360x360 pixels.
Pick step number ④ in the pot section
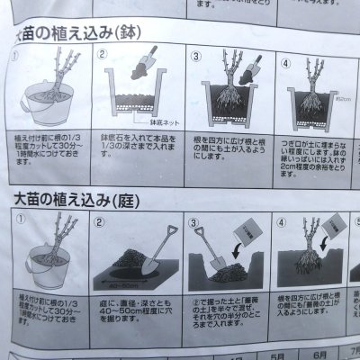click(x=285, y=63)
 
